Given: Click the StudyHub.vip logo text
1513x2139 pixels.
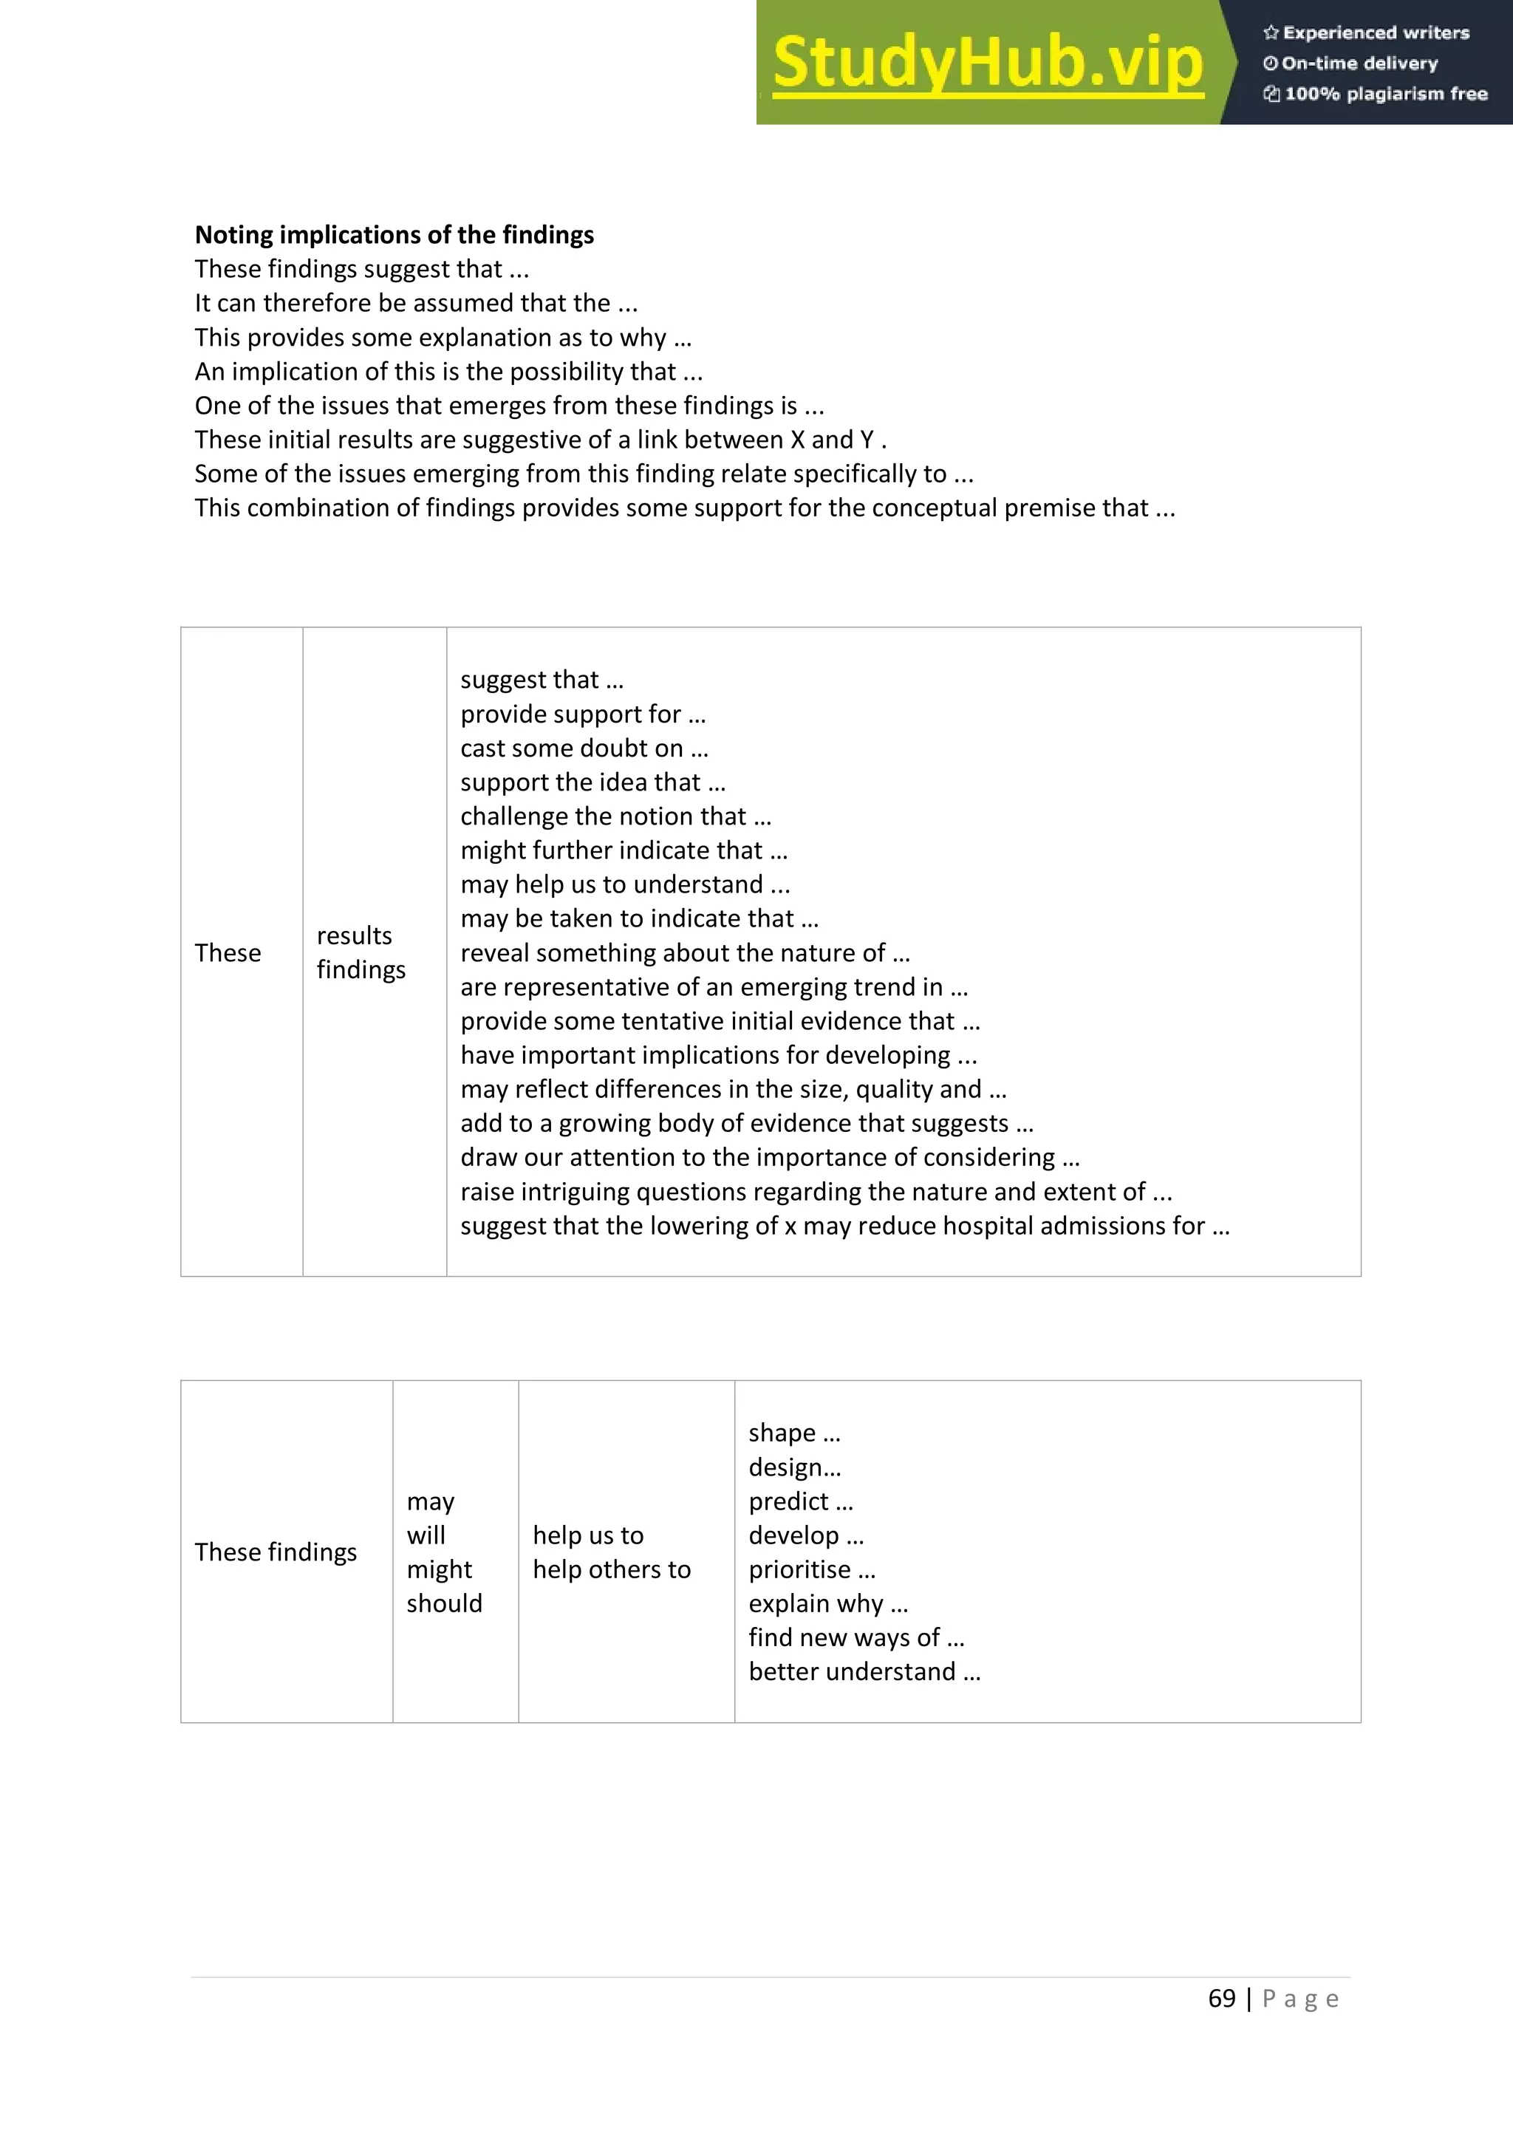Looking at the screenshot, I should pos(988,64).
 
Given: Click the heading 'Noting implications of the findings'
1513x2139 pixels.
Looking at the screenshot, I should pos(394,235).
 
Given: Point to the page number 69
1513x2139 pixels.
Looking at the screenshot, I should pos(1221,1999).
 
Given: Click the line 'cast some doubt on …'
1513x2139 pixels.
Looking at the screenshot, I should pos(584,748).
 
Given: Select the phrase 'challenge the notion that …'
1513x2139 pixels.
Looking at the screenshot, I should pos(616,817).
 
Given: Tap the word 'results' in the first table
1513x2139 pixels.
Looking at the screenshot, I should pos(354,935).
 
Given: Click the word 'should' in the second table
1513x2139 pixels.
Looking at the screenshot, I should pos(445,1603).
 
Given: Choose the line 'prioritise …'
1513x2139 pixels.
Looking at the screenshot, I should pos(811,1570).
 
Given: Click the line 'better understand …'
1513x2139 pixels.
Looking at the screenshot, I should pos(864,1672).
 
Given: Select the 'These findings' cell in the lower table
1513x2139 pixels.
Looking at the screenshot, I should pos(276,1552).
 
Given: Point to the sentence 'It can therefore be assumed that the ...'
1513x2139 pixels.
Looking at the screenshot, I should pos(415,303).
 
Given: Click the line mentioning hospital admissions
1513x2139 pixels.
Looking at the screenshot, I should pos(845,1226).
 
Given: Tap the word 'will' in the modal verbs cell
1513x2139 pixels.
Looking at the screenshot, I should pos(426,1535).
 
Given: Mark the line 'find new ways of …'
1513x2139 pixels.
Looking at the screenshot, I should pos(856,1638).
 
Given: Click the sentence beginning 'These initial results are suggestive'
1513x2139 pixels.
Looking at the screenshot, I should pos(540,440).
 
